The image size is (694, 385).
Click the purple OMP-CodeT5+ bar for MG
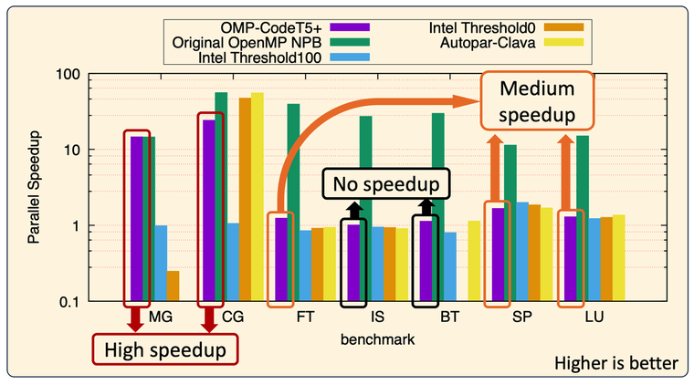coord(136,219)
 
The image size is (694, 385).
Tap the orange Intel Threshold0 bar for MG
coord(173,286)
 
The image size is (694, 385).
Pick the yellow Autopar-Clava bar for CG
coord(257,196)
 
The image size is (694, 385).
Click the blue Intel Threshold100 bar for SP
coord(523,252)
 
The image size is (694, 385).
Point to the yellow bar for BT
coord(473,260)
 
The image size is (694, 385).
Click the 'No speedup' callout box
coord(387,185)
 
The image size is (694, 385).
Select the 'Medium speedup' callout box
coord(536,102)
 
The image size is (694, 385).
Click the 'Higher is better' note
coord(615,364)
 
